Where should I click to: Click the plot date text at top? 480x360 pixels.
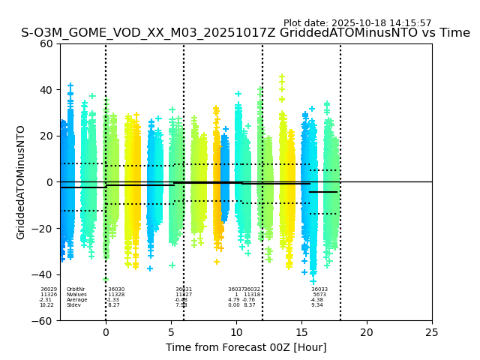(x=357, y=23)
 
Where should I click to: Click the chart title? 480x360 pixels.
(x=245, y=33)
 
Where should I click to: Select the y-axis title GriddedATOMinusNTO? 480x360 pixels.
(x=21, y=182)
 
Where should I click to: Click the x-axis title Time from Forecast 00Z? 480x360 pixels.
(x=246, y=347)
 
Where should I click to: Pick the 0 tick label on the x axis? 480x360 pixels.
(x=106, y=332)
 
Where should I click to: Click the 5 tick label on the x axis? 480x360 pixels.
(x=171, y=332)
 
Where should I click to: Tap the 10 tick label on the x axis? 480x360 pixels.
(x=236, y=332)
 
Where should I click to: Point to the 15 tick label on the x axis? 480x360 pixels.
(x=301, y=332)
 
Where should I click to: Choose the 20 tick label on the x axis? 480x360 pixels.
(x=367, y=332)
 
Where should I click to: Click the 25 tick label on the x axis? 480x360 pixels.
(x=432, y=332)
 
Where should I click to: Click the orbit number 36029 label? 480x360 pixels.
(x=49, y=289)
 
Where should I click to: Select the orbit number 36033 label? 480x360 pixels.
(x=319, y=289)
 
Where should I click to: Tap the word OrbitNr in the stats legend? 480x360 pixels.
(x=76, y=289)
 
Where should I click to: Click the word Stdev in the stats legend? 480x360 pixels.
(x=73, y=305)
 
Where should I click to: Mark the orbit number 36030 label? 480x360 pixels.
(x=116, y=289)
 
